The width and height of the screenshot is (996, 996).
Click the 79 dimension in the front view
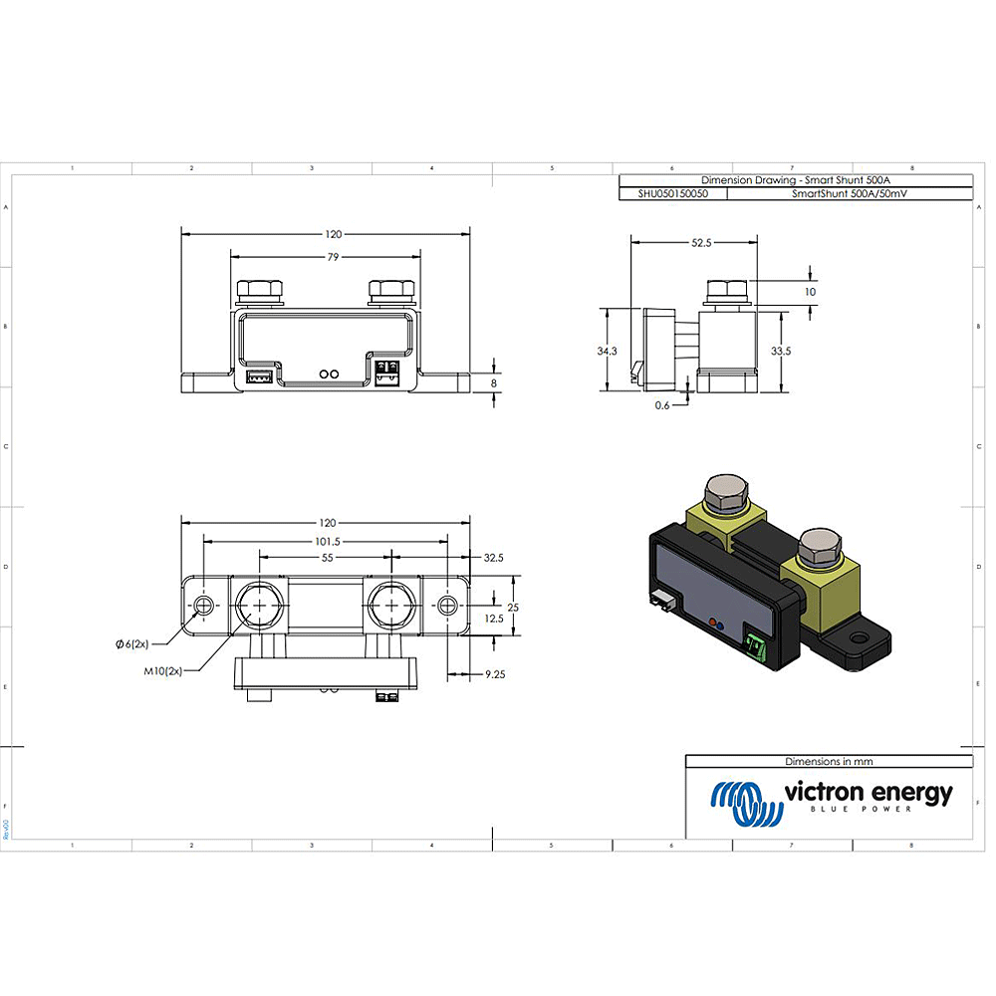[x=333, y=257]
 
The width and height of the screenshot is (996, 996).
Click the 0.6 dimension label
[x=662, y=405]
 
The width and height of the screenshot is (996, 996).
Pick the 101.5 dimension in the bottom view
[x=327, y=542]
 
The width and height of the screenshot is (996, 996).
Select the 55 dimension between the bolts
[x=327, y=560]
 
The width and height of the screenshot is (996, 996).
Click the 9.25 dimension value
[x=494, y=674]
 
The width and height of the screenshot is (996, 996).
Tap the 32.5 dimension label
[x=494, y=559]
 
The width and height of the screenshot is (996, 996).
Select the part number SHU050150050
[x=673, y=195]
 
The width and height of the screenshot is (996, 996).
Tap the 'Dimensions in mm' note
[x=829, y=761]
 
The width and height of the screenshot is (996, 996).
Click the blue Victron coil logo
[x=741, y=803]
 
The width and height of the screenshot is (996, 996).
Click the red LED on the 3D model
[x=711, y=622]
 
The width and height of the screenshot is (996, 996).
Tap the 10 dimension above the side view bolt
[x=810, y=292]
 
